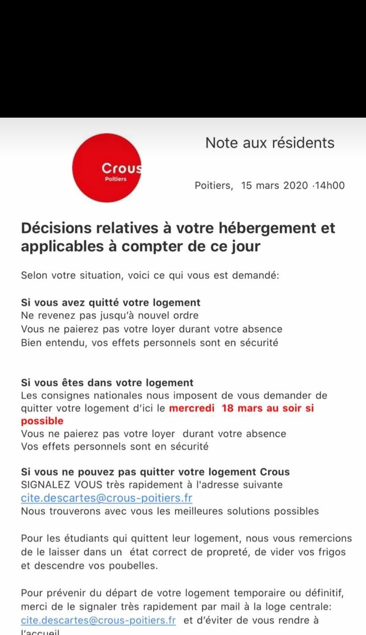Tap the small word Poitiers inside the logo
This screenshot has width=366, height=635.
[115, 179]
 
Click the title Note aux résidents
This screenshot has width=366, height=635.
[269, 143]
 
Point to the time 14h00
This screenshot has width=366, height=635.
[330, 185]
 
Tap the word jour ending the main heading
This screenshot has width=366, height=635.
[246, 246]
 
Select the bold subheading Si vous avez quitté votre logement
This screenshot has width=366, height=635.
[111, 302]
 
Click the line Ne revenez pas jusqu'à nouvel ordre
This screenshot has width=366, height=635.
[110, 316]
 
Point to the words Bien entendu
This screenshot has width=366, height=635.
[53, 343]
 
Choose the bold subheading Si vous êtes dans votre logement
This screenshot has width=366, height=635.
[107, 383]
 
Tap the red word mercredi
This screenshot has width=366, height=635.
[192, 408]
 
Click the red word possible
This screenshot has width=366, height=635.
[42, 421]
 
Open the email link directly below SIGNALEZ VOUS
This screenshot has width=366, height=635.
[106, 498]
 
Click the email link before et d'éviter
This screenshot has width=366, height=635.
[98, 620]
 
